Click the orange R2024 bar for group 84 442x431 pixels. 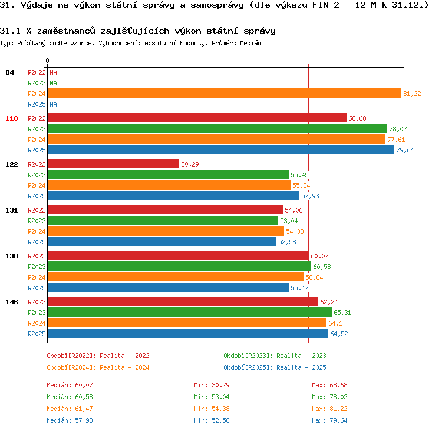point(225,93)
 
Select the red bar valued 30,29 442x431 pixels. point(114,164)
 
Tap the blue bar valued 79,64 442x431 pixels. point(221,150)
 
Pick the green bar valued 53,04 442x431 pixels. point(163,220)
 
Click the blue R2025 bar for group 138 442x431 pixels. point(169,287)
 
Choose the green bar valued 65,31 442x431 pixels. point(190,312)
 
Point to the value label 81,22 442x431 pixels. point(412,94)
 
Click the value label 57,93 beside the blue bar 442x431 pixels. point(310,196)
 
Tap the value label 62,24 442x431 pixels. point(329,302)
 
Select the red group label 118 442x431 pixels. point(12,118)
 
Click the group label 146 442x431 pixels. point(12,302)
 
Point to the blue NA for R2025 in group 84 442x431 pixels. point(53,104)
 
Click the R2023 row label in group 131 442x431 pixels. point(37,221)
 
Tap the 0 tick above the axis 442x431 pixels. point(47,61)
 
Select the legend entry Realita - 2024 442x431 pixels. point(124,367)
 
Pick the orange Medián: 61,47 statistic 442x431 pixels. point(70,409)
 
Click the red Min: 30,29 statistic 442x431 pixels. point(212,385)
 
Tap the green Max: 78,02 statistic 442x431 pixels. point(329,397)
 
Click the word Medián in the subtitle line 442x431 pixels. point(250,43)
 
